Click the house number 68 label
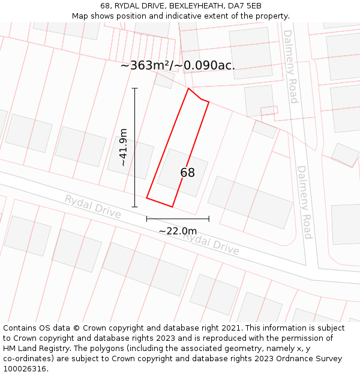(x=187, y=173)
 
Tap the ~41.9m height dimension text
(x=123, y=147)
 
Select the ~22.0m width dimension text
(x=178, y=231)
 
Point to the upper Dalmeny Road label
(x=290, y=66)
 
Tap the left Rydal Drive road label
(x=93, y=206)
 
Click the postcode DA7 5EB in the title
(x=246, y=5)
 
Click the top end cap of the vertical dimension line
(x=134, y=88)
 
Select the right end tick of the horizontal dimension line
(x=209, y=218)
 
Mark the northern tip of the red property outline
(x=189, y=88)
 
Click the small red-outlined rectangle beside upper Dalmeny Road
(x=269, y=110)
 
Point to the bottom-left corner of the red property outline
(x=147, y=199)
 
